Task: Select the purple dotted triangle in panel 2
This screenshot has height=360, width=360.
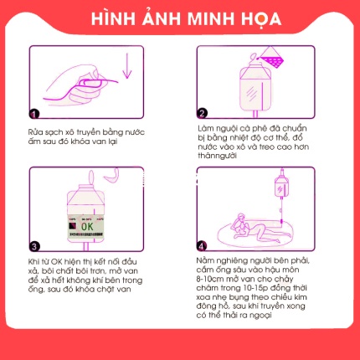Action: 270,59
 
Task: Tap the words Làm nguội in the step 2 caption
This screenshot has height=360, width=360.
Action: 215,130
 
